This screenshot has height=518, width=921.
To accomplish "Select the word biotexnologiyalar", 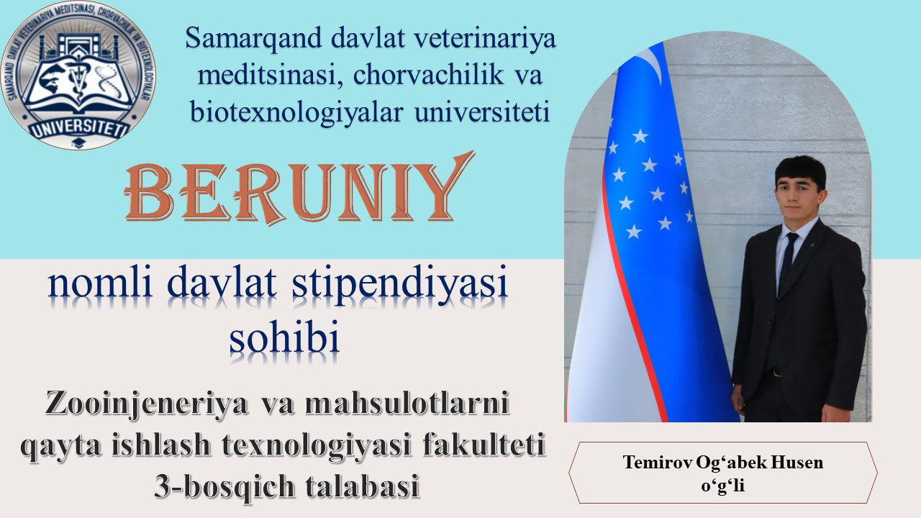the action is click(296, 112).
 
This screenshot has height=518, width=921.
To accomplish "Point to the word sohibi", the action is click(284, 337).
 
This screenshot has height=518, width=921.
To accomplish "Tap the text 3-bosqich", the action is click(224, 486).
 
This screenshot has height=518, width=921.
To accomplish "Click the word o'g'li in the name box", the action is click(723, 486).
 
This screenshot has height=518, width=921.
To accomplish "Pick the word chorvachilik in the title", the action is click(428, 76).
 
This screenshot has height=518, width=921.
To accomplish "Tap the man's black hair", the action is click(800, 168).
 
